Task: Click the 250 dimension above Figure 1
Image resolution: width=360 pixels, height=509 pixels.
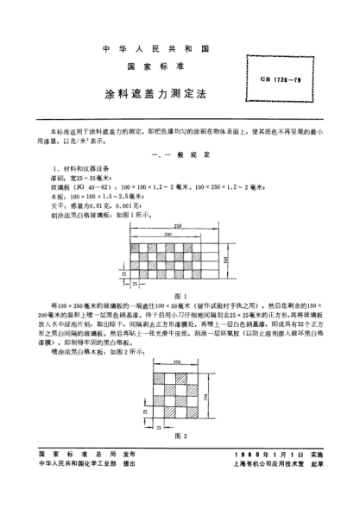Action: click(176, 225)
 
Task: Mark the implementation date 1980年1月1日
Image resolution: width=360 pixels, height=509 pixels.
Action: click(276, 478)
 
